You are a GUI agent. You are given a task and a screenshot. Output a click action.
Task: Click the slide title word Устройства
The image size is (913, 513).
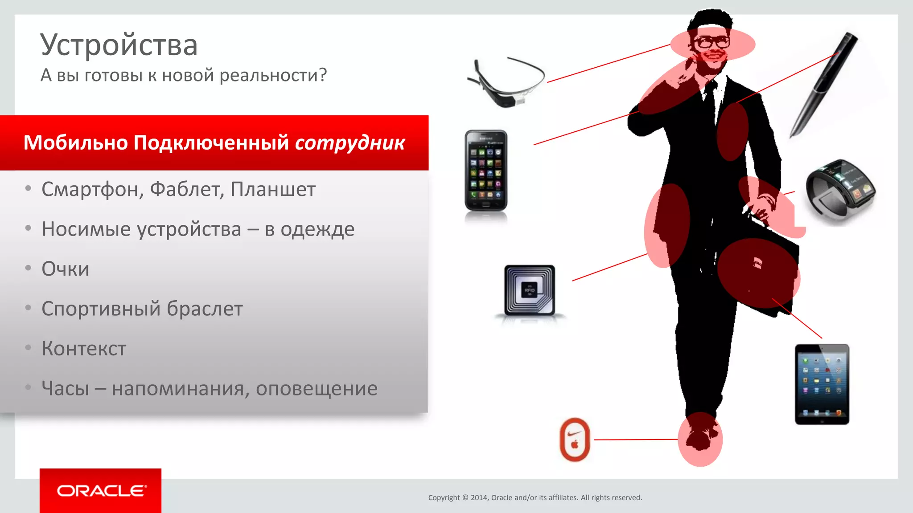pyautogui.click(x=119, y=45)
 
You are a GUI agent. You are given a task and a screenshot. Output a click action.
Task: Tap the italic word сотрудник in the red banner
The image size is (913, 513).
pyautogui.click(x=350, y=143)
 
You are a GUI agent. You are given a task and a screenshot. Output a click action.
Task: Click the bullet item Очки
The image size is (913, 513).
pyautogui.click(x=66, y=269)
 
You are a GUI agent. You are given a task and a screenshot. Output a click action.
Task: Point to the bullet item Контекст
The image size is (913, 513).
pyautogui.click(x=84, y=349)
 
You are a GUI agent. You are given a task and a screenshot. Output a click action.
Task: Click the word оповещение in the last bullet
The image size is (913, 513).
pyautogui.click(x=317, y=388)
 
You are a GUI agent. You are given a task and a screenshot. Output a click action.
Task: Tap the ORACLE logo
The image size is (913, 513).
pyautogui.click(x=101, y=491)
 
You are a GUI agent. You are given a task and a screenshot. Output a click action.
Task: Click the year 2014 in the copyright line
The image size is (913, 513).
pyautogui.click(x=479, y=498)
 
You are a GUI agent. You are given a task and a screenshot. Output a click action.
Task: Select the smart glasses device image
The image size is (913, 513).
pyautogui.click(x=506, y=83)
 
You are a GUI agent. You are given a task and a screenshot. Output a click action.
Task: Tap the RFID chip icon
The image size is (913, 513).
pyautogui.click(x=530, y=290)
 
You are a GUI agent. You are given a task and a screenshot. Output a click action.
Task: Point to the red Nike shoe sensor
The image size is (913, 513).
pyautogui.click(x=575, y=440)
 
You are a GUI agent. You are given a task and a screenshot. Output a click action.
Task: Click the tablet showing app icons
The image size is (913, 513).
pyautogui.click(x=822, y=384)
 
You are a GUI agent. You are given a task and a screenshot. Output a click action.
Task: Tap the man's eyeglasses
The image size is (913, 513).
pyautogui.click(x=712, y=43)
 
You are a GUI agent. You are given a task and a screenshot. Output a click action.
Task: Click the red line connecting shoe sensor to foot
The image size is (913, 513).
pyautogui.click(x=635, y=440)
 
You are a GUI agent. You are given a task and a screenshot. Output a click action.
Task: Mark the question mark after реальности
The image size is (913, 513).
pyautogui.click(x=322, y=75)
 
